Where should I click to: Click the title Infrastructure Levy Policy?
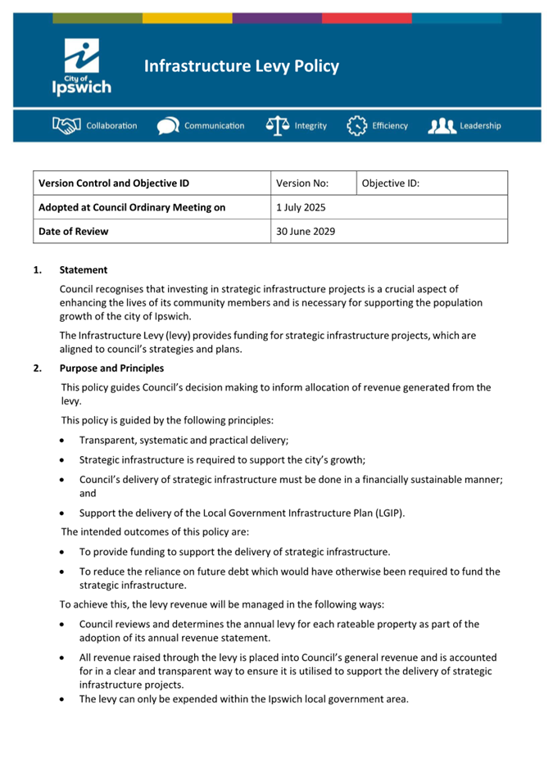[241, 66]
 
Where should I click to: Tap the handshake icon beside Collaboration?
[66, 125]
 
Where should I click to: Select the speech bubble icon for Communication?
[168, 126]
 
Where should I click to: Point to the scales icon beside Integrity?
[278, 125]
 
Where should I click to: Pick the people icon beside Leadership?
[441, 126]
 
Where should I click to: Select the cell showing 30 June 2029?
[305, 231]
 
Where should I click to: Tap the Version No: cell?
[302, 183]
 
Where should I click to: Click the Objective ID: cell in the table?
[390, 183]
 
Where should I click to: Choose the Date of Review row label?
[73, 231]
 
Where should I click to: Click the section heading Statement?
[83, 269]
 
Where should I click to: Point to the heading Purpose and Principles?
[111, 368]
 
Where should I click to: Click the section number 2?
[37, 368]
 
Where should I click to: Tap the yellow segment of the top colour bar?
[187, 18]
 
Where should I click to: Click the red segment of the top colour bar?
[366, 18]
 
